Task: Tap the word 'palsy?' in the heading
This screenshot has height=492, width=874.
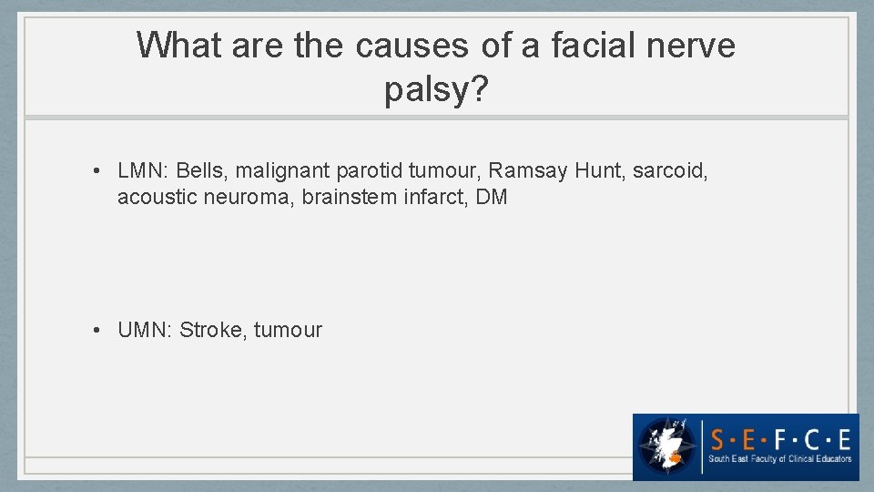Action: tap(436, 90)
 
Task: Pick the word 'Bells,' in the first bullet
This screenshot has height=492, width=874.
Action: tap(203, 170)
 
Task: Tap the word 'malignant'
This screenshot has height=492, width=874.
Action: tap(283, 170)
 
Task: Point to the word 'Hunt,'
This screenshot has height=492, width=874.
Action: tap(599, 170)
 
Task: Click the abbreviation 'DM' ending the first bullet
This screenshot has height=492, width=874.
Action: tap(492, 197)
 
